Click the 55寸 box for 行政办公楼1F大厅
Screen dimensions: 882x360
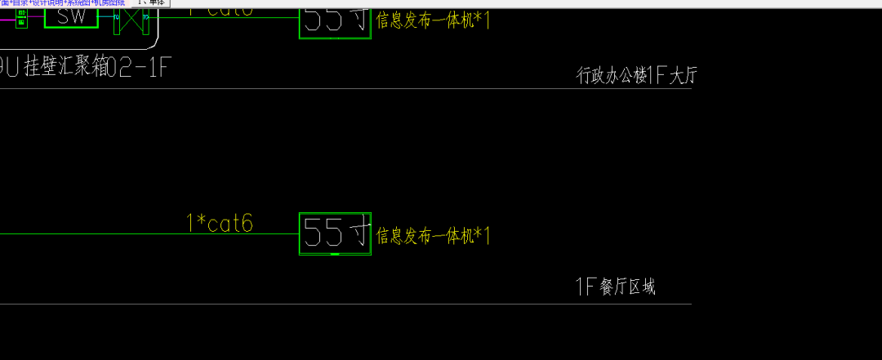pyautogui.click(x=336, y=20)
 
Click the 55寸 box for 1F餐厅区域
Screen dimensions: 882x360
pyautogui.click(x=336, y=233)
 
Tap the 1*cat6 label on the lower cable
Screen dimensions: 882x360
pyautogui.click(x=220, y=223)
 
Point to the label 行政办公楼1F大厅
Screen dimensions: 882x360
pyautogui.click(x=637, y=77)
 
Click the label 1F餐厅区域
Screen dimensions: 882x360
pyautogui.click(x=616, y=287)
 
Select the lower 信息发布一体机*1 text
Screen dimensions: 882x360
pyautogui.click(x=432, y=237)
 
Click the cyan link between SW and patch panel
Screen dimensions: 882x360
pyautogui.click(x=105, y=17)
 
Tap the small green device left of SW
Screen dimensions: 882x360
pyautogui.click(x=21, y=17)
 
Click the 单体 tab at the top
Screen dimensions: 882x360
pyautogui.click(x=151, y=2)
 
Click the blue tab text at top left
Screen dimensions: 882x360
pyautogui.click(x=62, y=2)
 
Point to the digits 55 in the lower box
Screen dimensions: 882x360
pyautogui.click(x=323, y=234)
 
